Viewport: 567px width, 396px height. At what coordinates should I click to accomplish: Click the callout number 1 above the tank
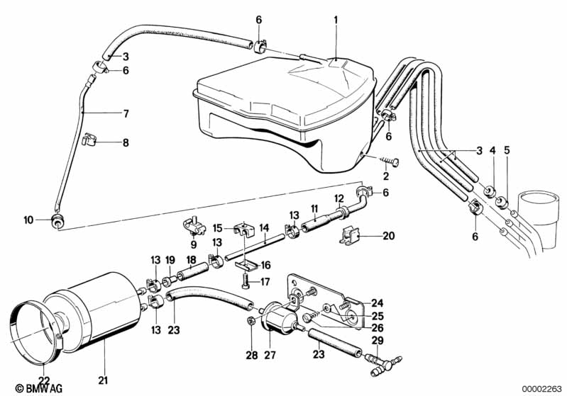coord(336,21)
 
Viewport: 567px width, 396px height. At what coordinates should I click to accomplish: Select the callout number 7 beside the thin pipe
coord(126,114)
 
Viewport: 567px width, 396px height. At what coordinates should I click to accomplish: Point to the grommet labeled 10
coord(57,220)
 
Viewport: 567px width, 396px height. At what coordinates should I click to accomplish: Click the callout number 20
coord(388,236)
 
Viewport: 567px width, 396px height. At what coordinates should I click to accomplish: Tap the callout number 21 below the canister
coord(103,380)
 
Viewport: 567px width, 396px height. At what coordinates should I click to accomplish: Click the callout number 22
coord(44,380)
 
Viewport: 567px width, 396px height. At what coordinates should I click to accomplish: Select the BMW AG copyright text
coord(39,388)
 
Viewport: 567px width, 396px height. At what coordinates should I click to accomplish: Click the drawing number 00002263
coord(541,388)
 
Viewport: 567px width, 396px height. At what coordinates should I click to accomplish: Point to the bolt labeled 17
coord(245,281)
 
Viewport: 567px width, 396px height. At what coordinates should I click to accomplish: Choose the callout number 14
coord(264,228)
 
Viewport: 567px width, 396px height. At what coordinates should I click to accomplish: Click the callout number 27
coord(270,354)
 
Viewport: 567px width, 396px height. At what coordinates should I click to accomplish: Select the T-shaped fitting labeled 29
coord(383,364)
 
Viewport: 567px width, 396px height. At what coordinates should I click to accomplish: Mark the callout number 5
coord(507,150)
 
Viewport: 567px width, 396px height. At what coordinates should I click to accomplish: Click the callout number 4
coord(492,150)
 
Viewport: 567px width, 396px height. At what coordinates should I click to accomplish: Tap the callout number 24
coord(377,303)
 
